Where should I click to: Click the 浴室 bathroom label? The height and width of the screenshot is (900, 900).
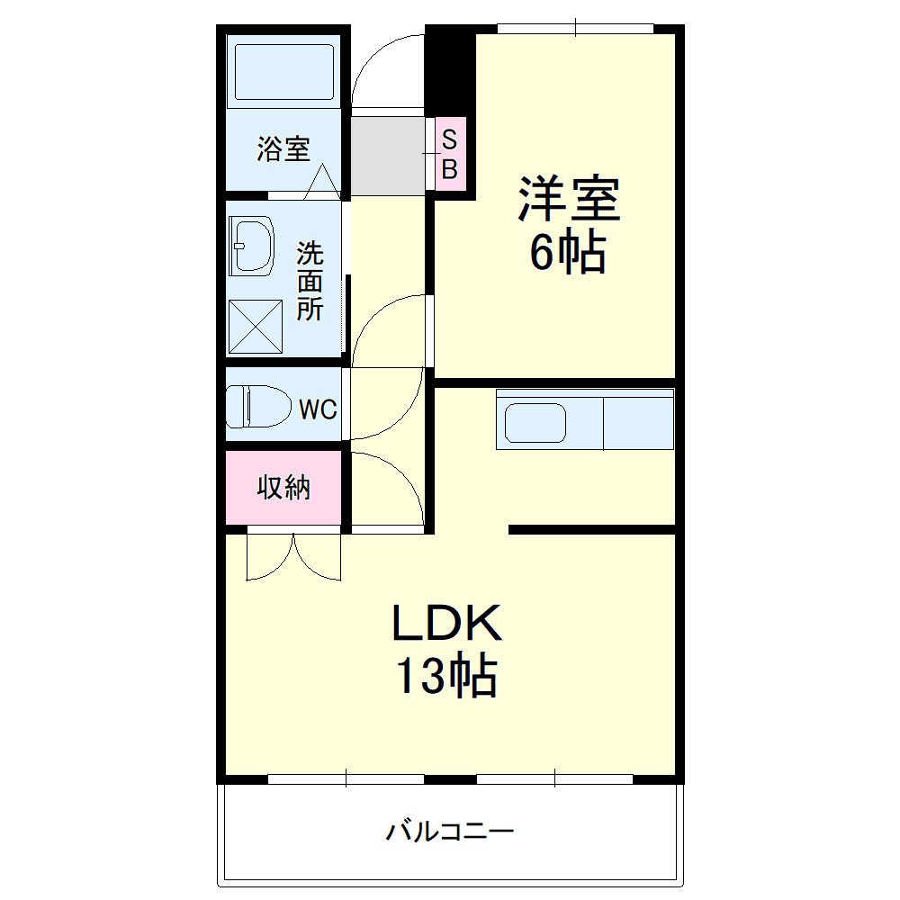coord(283,149)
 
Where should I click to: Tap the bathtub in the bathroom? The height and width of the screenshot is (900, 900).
coord(283,71)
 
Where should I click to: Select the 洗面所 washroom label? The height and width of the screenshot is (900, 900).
coord(310,281)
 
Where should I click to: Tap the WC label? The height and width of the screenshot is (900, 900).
coord(317,410)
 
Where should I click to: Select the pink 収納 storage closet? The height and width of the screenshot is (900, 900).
coord(283,488)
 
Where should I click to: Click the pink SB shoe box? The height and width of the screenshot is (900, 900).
coord(451,154)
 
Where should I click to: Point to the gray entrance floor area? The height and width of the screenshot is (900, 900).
coord(387,155)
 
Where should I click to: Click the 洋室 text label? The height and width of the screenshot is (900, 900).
coord(568,200)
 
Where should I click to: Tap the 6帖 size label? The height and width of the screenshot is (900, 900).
coord(567,253)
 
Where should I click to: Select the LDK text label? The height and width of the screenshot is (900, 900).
coord(445,624)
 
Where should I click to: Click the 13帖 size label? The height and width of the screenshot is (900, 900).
coord(445,677)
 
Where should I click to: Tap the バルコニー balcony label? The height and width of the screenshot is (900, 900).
coord(450,831)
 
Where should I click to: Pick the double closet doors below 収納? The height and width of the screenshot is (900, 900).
coord(294,558)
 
